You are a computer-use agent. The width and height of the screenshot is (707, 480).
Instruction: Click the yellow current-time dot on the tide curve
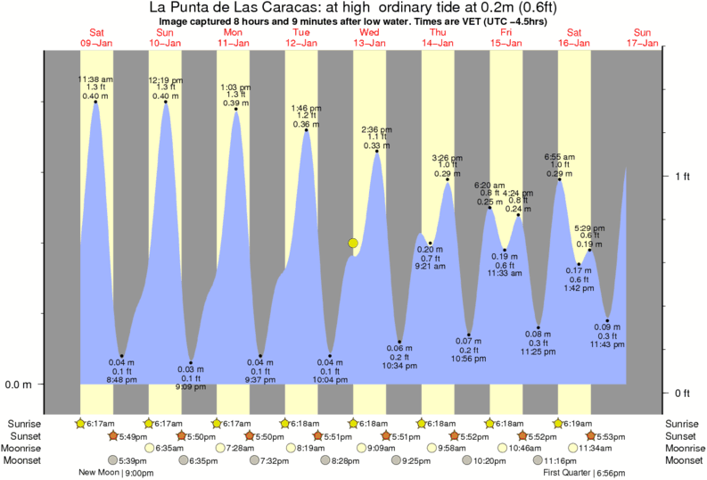point(354,243)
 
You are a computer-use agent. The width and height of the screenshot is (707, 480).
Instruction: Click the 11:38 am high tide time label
point(95,79)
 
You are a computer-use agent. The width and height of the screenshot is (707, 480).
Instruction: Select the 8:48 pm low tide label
point(122,378)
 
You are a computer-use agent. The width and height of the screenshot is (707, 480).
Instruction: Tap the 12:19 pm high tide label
point(165,79)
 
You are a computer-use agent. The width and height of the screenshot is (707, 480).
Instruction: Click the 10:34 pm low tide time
point(399,366)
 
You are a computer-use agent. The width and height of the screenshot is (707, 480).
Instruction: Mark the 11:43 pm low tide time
point(607,345)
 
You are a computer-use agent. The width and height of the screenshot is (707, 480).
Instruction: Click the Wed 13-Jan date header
point(369,37)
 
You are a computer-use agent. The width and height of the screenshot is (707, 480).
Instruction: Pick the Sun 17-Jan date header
point(643,37)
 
